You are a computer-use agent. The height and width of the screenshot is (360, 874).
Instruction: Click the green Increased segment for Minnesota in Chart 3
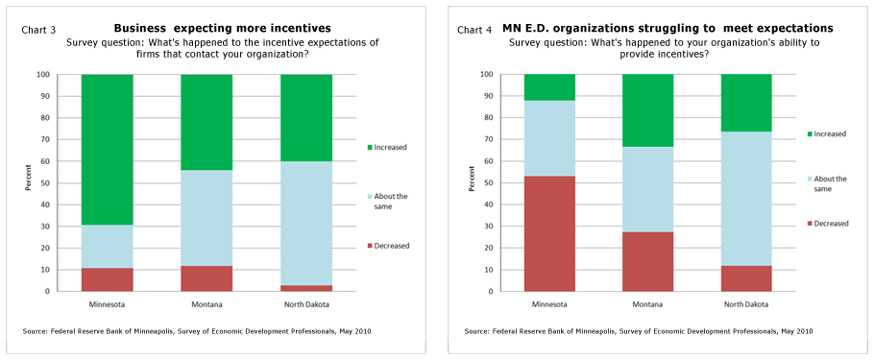[x=108, y=149]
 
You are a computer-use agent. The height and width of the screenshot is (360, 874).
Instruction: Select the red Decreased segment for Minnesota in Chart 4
[x=549, y=233]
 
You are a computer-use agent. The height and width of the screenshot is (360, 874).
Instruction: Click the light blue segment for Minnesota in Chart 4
[x=549, y=138]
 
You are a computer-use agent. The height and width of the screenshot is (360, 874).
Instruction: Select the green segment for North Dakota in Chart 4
[x=745, y=103]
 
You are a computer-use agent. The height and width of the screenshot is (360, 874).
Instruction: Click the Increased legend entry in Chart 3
[x=389, y=147]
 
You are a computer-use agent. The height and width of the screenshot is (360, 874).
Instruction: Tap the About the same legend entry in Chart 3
[x=389, y=201]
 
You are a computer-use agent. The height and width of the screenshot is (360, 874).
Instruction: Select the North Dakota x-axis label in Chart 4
[x=745, y=304]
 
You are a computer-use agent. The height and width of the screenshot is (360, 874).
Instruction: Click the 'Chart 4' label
[x=474, y=31]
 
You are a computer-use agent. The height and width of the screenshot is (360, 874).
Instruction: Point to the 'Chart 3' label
[x=38, y=31]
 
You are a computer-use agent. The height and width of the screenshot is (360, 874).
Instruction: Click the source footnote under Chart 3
[x=197, y=331]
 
